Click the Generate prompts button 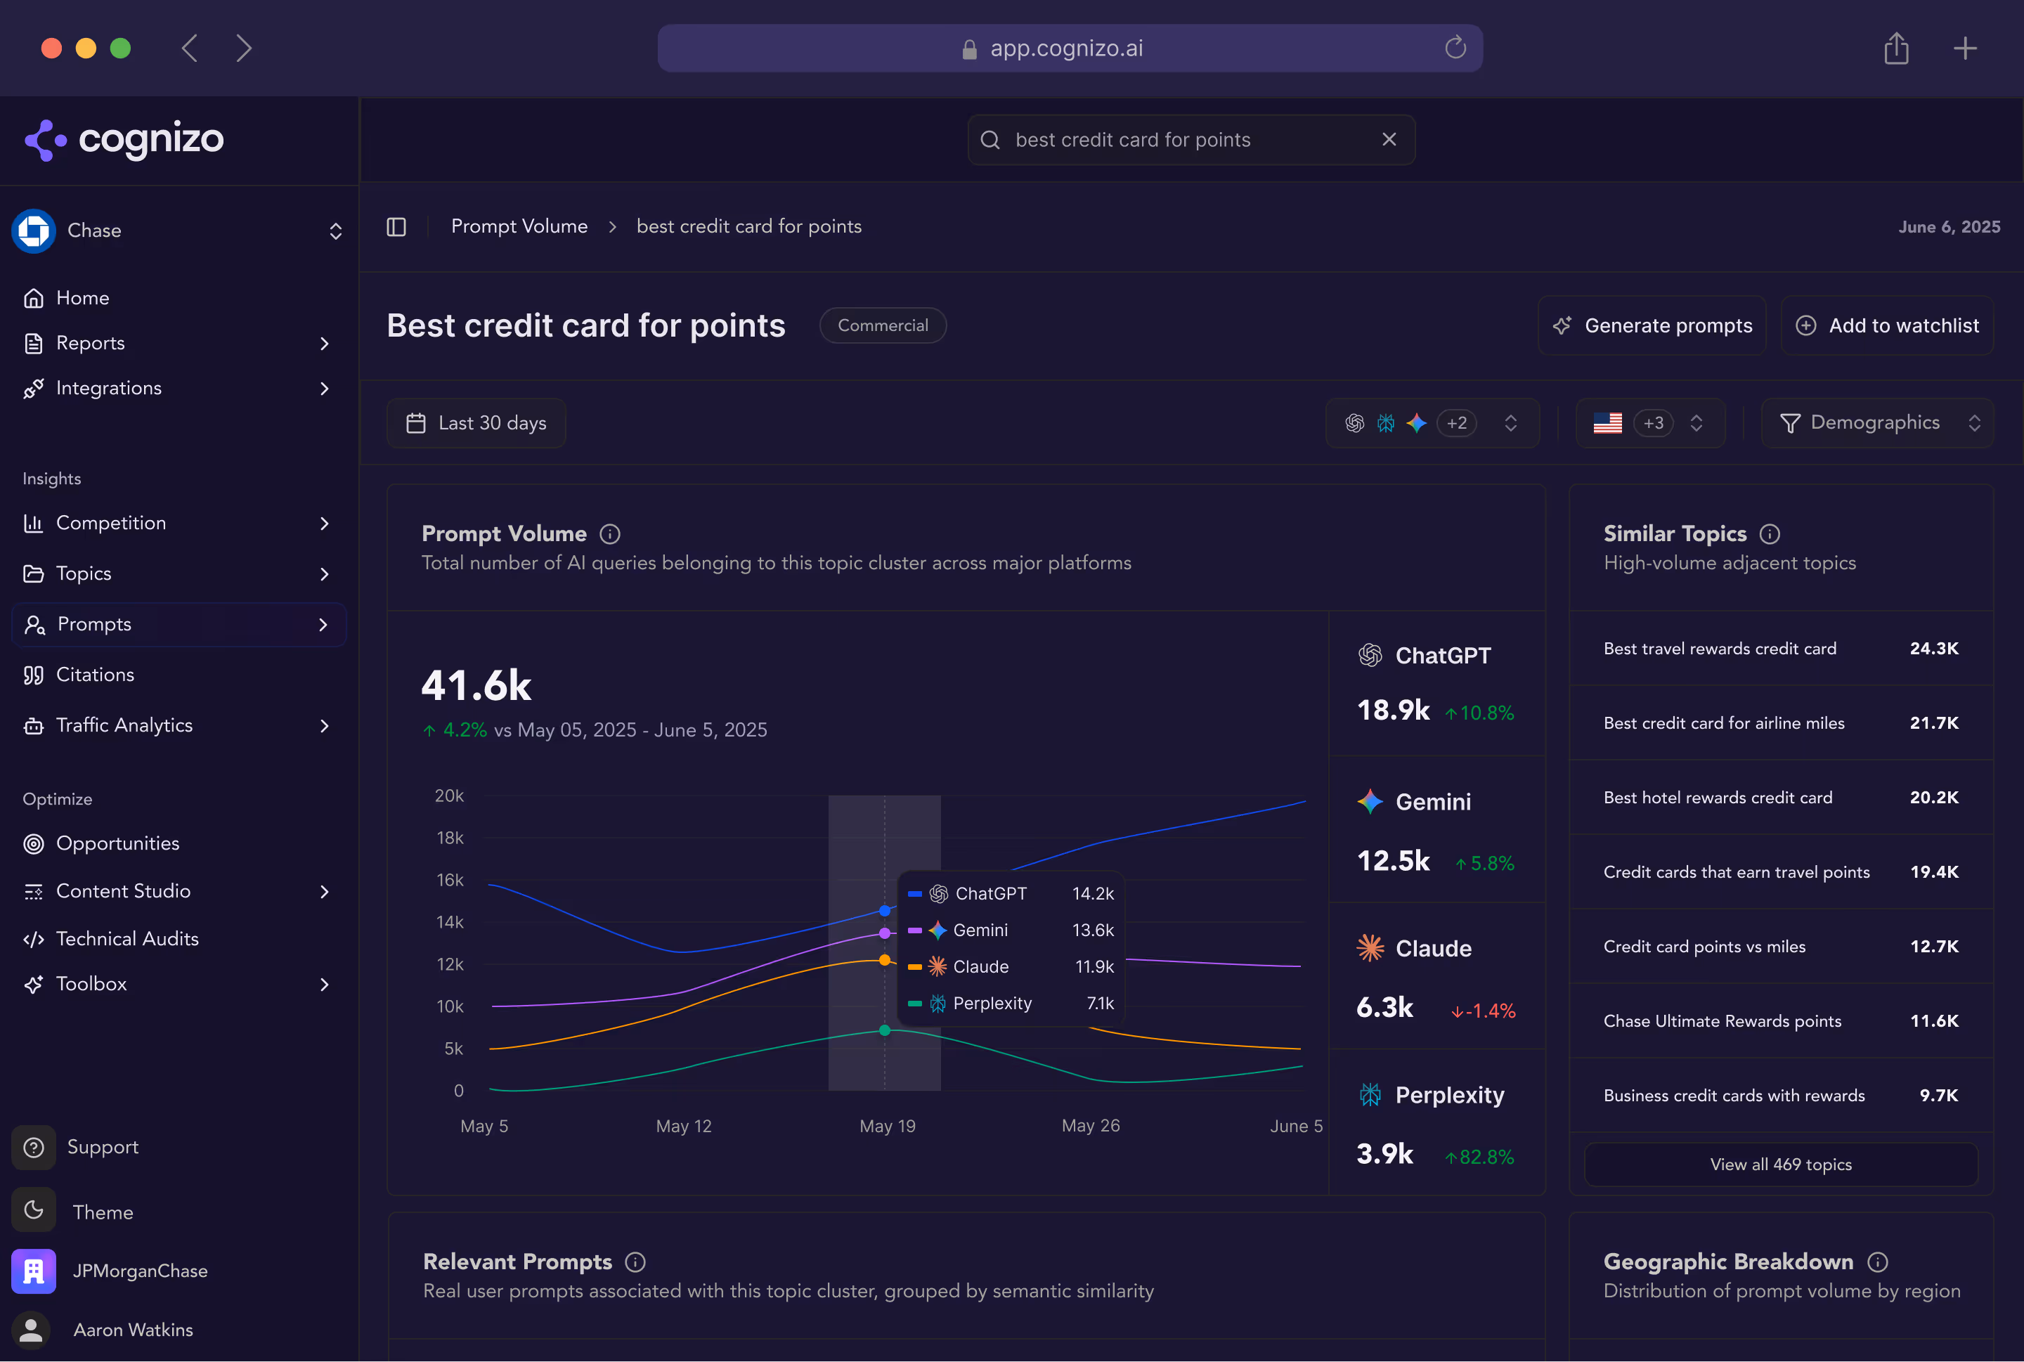tap(1652, 325)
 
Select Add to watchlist tap(1887, 325)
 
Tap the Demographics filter tap(1876, 423)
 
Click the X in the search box tap(1389, 140)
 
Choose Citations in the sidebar tap(95, 675)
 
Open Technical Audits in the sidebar tap(126, 939)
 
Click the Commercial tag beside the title tap(883, 325)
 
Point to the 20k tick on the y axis tap(449, 796)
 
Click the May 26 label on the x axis tap(1090, 1126)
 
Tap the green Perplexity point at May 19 tap(884, 1030)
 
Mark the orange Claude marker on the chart tap(884, 960)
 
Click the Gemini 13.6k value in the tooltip tap(1093, 930)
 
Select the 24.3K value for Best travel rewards tap(1933, 649)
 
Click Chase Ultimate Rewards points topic tap(1722, 1022)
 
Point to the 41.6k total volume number tap(476, 685)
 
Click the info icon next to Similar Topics tap(1770, 534)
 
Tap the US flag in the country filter tap(1607, 423)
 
